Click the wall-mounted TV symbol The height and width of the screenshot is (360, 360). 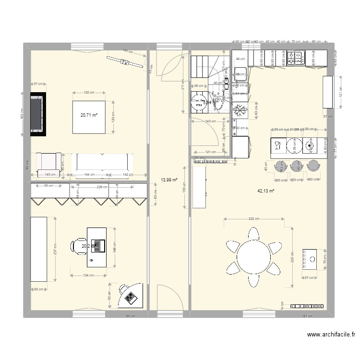coord(125,62)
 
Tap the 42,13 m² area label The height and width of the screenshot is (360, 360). coord(265,191)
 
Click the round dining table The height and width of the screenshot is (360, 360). coord(254,257)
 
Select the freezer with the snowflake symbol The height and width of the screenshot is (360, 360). coord(240,111)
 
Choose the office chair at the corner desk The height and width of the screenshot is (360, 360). coord(123,290)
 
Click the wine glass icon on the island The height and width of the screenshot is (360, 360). coord(277,144)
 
